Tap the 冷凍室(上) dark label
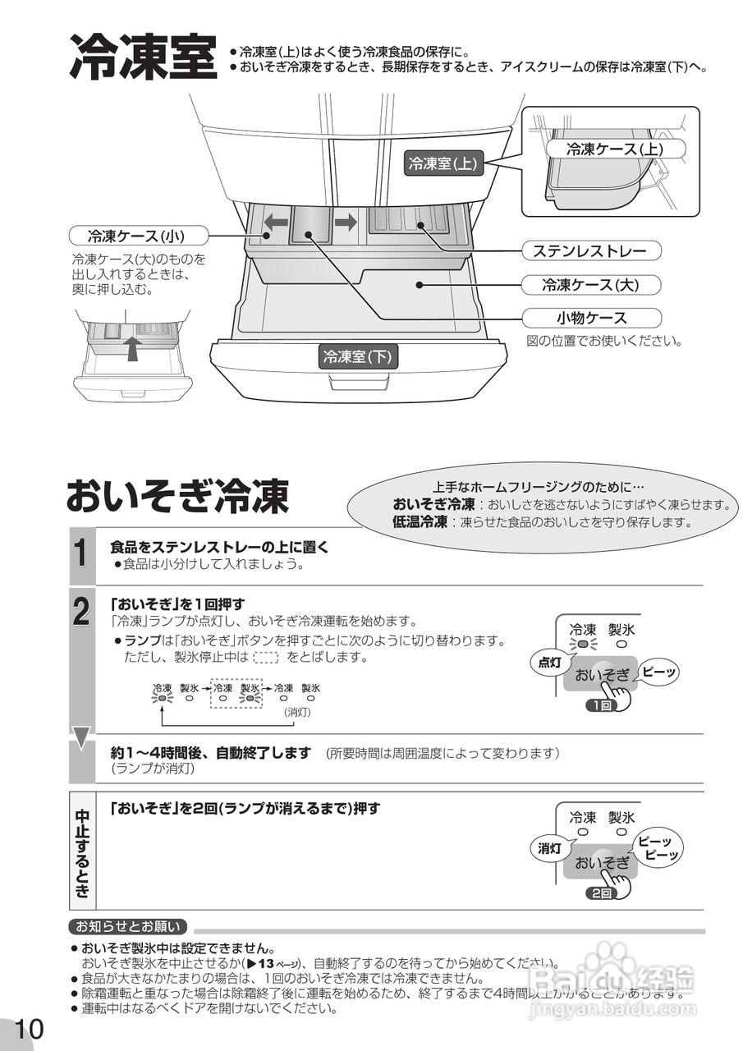[x=443, y=163]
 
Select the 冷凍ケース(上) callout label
[x=615, y=149]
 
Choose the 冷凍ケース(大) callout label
[x=589, y=285]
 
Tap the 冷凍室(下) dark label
[x=358, y=356]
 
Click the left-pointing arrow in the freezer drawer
[x=275, y=222]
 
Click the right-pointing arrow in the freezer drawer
[x=346, y=222]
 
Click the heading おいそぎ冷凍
[x=177, y=495]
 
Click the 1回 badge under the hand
[x=599, y=705]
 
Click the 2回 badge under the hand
[x=599, y=893]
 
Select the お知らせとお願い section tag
[x=128, y=927]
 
